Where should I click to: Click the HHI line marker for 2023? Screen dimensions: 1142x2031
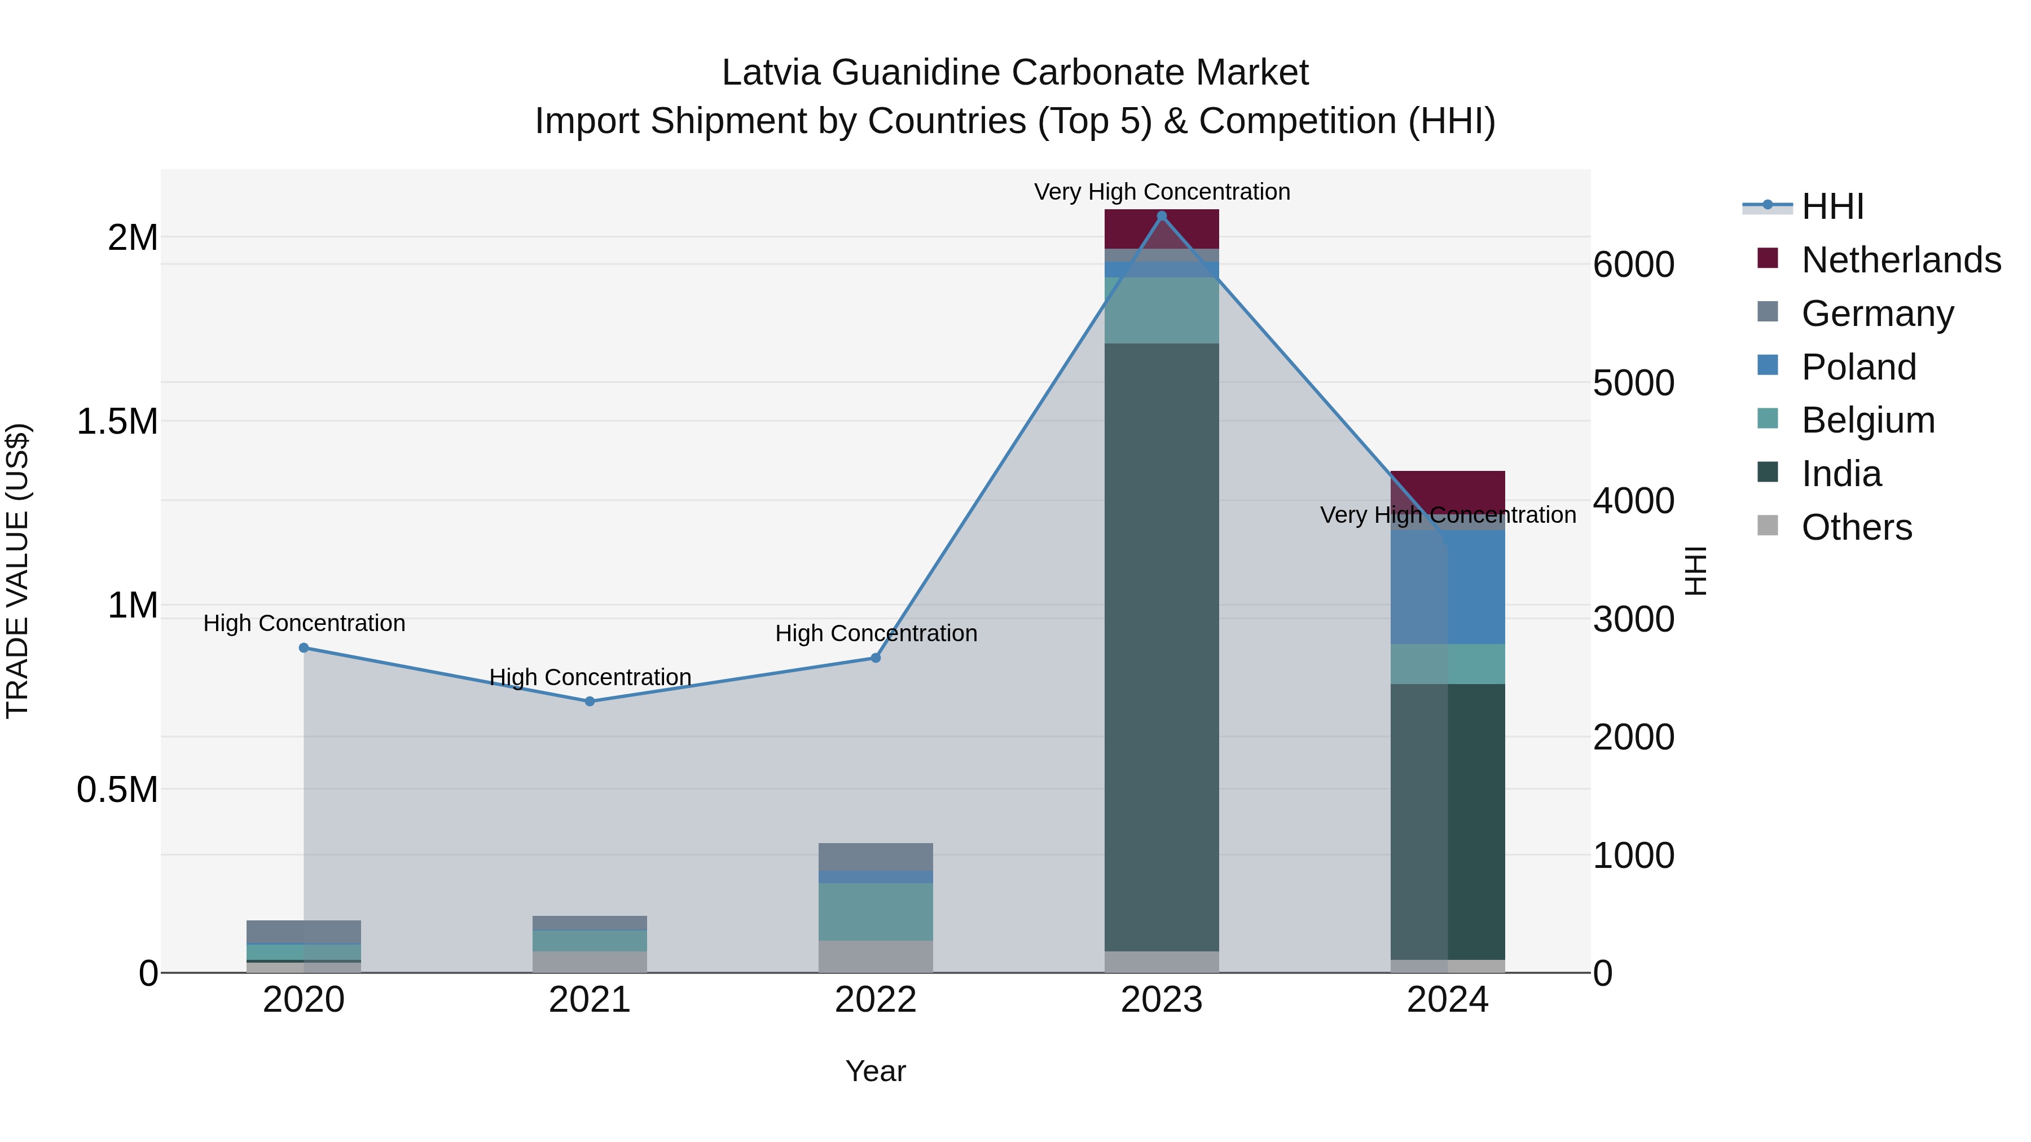1162,216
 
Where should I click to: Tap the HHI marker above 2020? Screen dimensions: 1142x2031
304,648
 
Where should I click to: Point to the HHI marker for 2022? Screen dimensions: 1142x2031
875,658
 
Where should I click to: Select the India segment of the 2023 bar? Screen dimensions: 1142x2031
1162,646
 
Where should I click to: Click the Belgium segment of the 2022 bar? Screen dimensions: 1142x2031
875,912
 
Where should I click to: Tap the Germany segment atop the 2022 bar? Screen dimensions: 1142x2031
875,857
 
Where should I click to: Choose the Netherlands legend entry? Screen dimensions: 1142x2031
1900,260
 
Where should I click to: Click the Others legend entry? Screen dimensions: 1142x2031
1856,527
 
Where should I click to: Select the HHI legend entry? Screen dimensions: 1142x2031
1832,206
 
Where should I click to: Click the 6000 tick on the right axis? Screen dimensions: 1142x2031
1634,265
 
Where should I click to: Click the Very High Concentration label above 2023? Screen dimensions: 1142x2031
1162,192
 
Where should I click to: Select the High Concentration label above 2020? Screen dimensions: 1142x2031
304,623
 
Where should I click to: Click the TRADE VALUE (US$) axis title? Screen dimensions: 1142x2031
17,571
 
